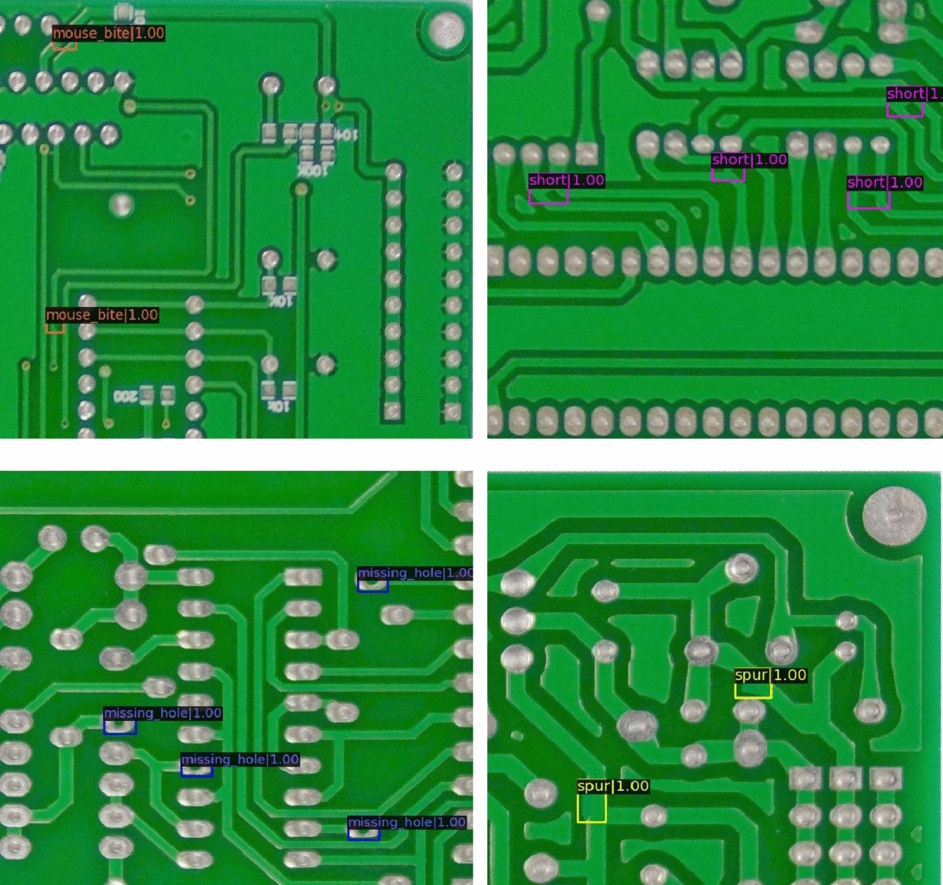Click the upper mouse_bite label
pyautogui.click(x=108, y=33)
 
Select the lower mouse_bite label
pyautogui.click(x=102, y=315)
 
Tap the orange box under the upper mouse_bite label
pyautogui.click(x=64, y=46)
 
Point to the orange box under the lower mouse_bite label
pyautogui.click(x=55, y=327)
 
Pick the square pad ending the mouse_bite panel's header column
pyautogui.click(x=393, y=411)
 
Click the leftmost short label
pyautogui.click(x=567, y=180)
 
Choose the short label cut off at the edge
pyautogui.click(x=914, y=93)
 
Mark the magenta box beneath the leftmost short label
pyautogui.click(x=549, y=196)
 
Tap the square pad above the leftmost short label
pyautogui.click(x=585, y=152)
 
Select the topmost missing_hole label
pyautogui.click(x=415, y=572)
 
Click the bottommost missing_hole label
pyautogui.click(x=407, y=822)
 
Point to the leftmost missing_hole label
pyautogui.click(x=163, y=713)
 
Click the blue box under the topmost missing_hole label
pyautogui.click(x=372, y=586)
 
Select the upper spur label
pyautogui.click(x=770, y=675)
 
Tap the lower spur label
pyautogui.click(x=613, y=786)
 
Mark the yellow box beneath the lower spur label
pyautogui.click(x=592, y=809)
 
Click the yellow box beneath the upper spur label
pyautogui.click(x=753, y=690)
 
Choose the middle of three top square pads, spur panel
pyautogui.click(x=846, y=778)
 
